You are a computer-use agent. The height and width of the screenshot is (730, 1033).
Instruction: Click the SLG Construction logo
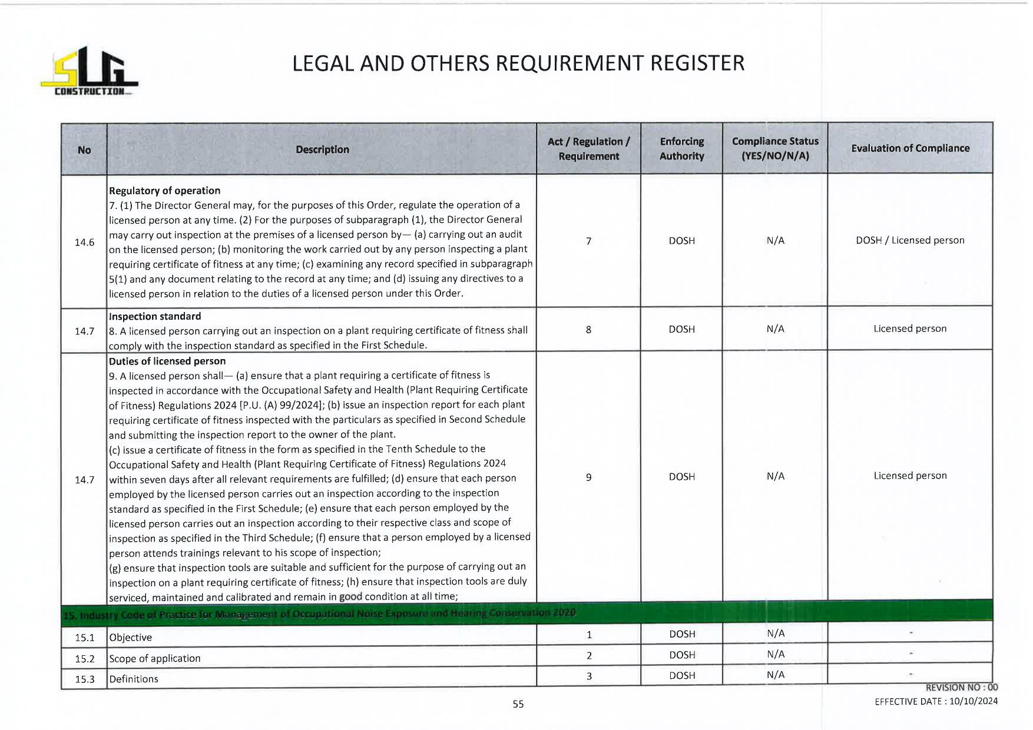click(89, 71)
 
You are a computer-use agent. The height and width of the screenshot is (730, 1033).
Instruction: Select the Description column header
click(322, 150)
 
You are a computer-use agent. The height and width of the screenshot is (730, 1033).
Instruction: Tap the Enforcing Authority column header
click(681, 149)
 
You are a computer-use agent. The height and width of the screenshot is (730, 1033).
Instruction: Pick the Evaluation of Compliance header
click(910, 148)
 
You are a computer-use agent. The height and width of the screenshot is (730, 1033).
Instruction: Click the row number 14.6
click(84, 243)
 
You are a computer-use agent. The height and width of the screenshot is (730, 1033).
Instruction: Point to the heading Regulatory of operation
click(164, 191)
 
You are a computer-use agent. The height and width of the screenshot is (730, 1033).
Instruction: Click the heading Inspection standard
click(155, 317)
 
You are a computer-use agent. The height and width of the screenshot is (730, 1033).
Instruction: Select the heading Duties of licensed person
click(167, 361)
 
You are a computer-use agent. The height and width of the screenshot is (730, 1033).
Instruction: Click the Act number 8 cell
click(588, 330)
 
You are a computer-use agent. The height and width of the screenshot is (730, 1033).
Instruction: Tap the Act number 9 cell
click(588, 477)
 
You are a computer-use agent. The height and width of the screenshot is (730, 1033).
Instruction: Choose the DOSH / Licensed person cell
click(910, 240)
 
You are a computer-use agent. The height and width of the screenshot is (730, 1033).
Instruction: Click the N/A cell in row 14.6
click(775, 241)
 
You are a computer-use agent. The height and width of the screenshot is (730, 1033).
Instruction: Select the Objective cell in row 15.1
click(131, 638)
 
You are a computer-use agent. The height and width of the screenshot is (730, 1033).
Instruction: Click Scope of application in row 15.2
click(155, 659)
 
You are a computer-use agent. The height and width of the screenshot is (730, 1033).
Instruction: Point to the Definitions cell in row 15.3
click(134, 679)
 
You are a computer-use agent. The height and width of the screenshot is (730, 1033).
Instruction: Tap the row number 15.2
click(84, 659)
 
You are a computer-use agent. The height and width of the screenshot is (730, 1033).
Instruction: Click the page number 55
click(518, 704)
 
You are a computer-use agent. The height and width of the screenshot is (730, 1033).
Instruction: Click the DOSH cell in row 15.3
click(682, 676)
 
